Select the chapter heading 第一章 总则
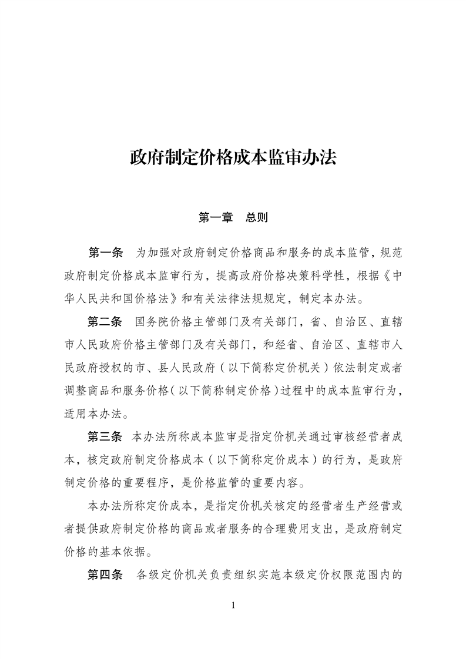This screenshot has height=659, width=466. click(x=233, y=218)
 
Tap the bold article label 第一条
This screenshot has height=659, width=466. click(x=106, y=253)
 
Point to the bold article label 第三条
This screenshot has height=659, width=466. click(x=106, y=437)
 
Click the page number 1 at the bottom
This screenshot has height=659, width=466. click(x=233, y=606)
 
